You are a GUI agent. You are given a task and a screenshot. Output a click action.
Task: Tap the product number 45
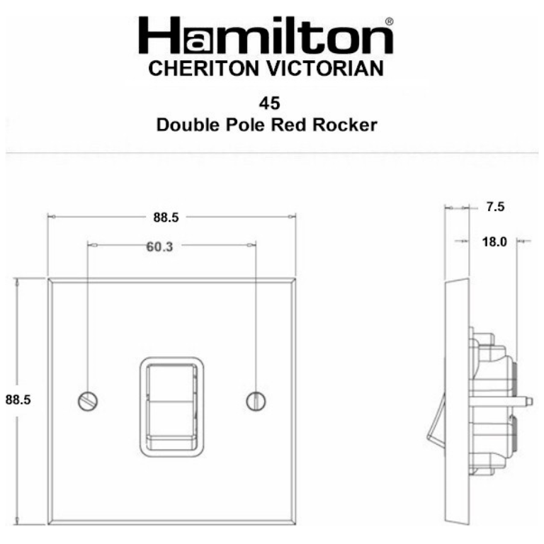point(269,103)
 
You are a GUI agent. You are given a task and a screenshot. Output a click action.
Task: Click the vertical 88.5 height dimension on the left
point(18,399)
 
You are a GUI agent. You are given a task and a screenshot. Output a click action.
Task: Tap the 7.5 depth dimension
point(495,208)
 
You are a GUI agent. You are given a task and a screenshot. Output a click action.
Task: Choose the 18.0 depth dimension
point(494,242)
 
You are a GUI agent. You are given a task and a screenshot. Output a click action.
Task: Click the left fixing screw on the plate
point(88,401)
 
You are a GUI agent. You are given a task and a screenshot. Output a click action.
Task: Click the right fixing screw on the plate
point(256,401)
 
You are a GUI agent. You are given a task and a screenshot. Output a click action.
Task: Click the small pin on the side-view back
point(526,402)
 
